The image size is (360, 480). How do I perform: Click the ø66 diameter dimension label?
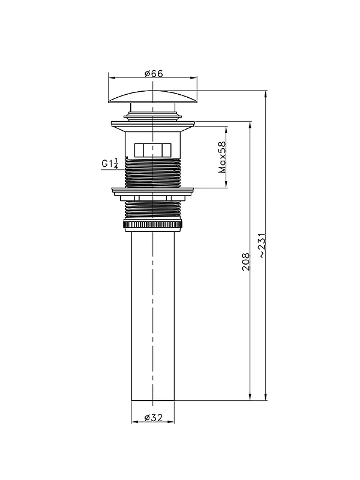point(154,74)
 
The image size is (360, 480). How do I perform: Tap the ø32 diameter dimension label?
point(154,418)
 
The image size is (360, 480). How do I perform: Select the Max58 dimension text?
point(222,157)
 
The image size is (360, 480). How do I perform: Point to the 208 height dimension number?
point(246,262)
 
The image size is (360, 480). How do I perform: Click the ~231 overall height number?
point(263,246)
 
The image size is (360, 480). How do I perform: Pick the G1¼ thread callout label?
point(110,163)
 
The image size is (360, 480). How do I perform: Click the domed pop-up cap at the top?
point(153,97)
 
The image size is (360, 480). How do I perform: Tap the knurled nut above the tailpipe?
point(153,224)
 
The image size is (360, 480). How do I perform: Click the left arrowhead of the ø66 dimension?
point(112,78)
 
